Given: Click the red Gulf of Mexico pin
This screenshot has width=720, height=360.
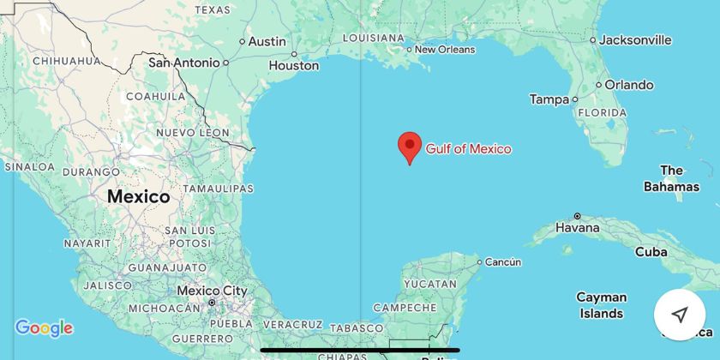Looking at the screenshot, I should [411, 146].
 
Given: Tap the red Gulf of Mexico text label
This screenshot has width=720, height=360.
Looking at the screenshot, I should [468, 149].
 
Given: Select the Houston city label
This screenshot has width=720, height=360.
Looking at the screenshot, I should [294, 65].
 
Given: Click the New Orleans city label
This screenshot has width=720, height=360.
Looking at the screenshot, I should [444, 50].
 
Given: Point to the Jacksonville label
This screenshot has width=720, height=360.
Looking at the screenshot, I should [635, 39].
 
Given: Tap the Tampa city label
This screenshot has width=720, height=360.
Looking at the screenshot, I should [549, 99].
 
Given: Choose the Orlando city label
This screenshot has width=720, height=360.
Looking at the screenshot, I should [629, 85].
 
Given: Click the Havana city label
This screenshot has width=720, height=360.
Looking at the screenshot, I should [577, 229].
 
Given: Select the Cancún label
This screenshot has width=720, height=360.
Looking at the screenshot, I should [503, 261].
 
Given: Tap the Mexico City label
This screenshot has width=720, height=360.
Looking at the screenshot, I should [212, 291].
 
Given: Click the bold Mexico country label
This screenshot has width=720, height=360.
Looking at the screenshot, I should [138, 196].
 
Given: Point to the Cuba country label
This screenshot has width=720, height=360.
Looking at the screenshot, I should [651, 252].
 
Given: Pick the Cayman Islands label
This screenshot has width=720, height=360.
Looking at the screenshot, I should [601, 305].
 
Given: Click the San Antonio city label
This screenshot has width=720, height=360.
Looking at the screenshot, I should [184, 63].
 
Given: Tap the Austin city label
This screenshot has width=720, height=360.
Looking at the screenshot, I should [267, 41].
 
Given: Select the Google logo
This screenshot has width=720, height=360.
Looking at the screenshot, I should [44, 328].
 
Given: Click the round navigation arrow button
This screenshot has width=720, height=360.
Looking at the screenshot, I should [679, 315].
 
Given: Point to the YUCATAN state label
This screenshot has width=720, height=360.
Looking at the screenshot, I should [429, 284].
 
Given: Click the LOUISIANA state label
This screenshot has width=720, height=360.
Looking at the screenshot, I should [373, 38].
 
